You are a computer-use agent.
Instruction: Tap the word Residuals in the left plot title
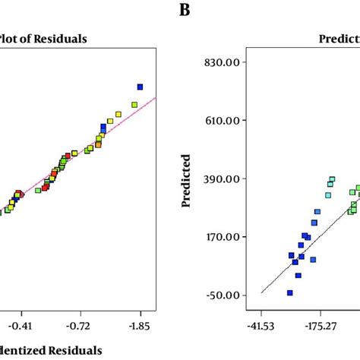click(x=62, y=39)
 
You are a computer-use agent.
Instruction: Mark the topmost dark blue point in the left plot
click(x=140, y=87)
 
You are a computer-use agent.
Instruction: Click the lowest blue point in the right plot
click(x=289, y=292)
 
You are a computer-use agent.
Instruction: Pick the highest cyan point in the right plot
click(x=332, y=180)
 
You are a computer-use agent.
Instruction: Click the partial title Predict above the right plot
click(x=339, y=39)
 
